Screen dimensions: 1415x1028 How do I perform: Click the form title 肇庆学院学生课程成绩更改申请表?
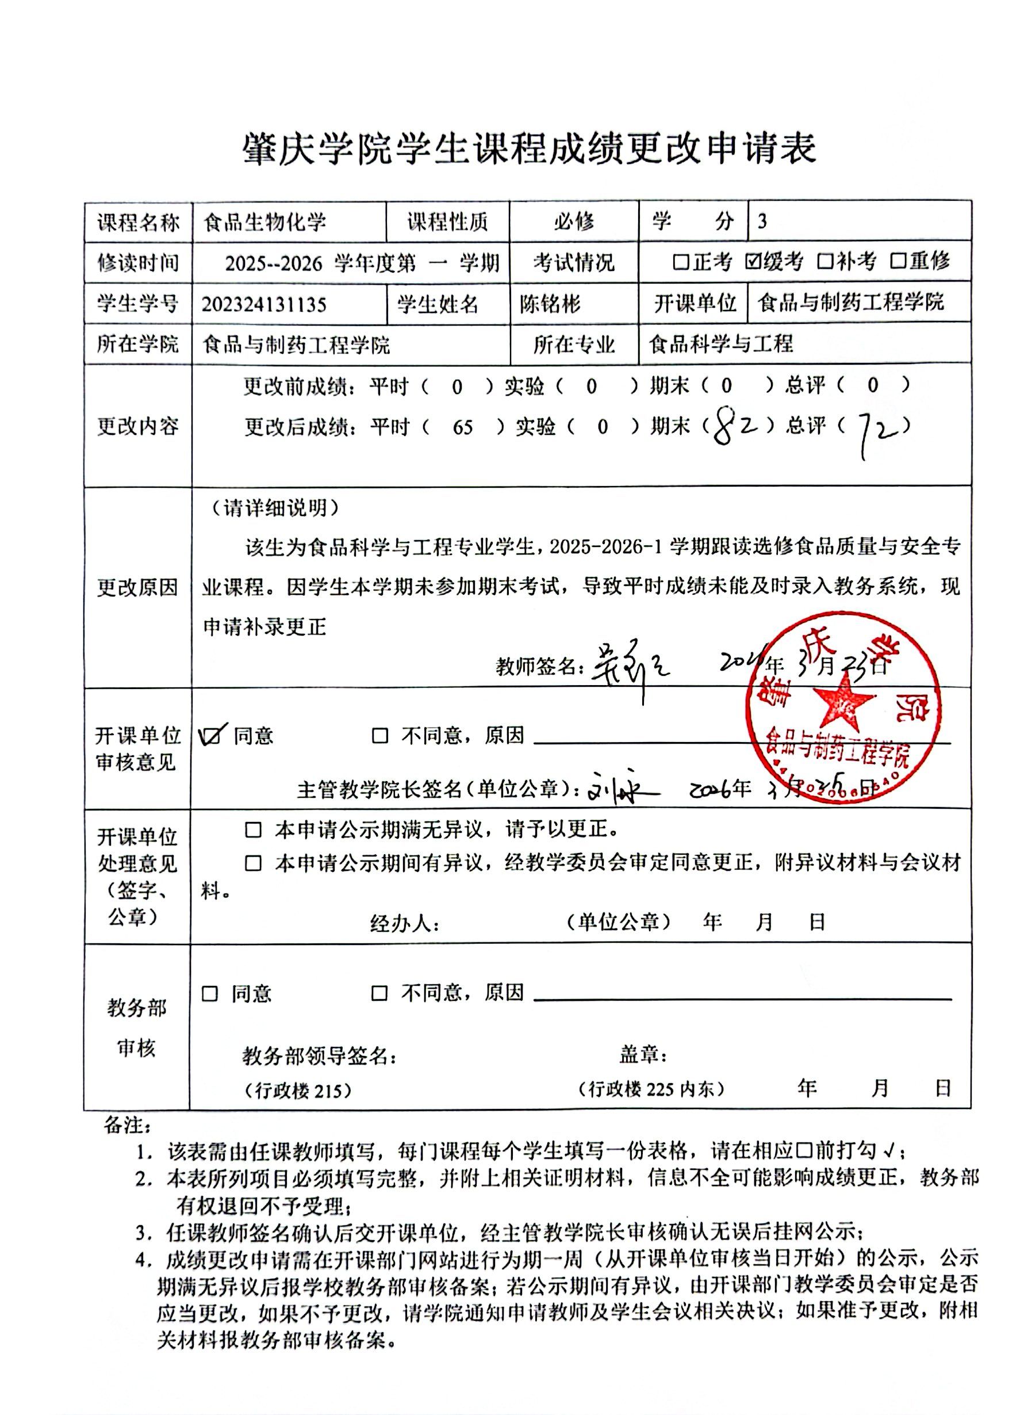pyautogui.click(x=529, y=149)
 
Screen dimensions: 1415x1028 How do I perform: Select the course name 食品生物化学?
pyautogui.click(x=265, y=222)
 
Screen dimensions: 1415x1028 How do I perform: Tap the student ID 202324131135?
pyautogui.click(x=264, y=304)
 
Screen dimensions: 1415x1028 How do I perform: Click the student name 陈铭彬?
pyautogui.click(x=550, y=304)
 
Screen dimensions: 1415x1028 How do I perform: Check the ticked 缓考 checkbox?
pyautogui.click(x=752, y=261)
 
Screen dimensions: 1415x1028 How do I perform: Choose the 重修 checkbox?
pyautogui.click(x=897, y=261)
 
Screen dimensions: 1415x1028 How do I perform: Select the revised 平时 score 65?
pyautogui.click(x=463, y=428)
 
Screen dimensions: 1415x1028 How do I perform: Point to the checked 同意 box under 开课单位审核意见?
pyautogui.click(x=211, y=736)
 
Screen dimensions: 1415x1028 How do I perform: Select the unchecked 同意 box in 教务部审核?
pyautogui.click(x=210, y=993)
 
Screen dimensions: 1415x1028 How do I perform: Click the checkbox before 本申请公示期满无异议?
pyautogui.click(x=252, y=831)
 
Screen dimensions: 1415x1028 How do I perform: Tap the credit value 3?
pyautogui.click(x=762, y=222)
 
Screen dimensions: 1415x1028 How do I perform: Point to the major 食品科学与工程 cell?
pyautogui.click(x=721, y=344)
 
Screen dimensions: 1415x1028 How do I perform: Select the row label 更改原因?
pyautogui.click(x=137, y=587)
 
